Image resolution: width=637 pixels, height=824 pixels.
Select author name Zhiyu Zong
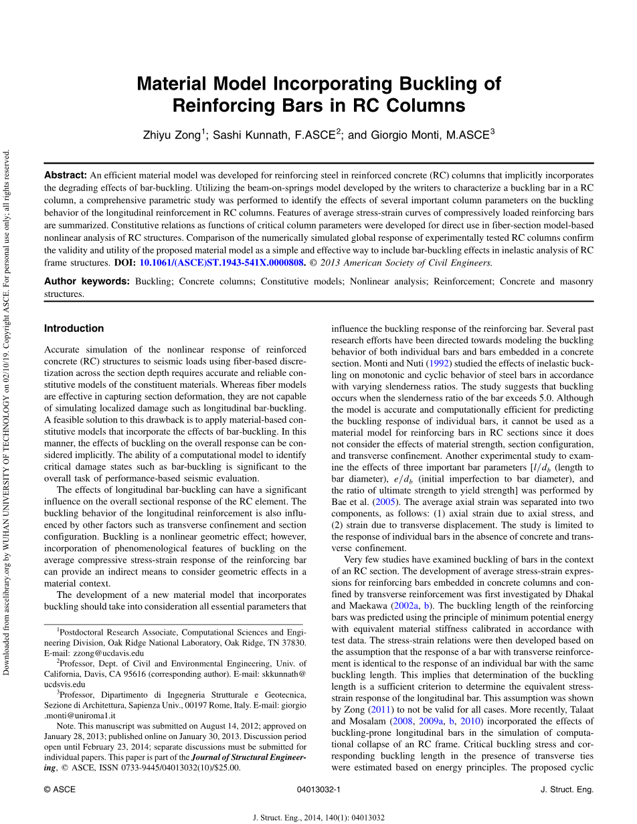pyautogui.click(x=172, y=135)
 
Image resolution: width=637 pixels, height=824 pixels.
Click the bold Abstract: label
pyautogui.click(x=66, y=175)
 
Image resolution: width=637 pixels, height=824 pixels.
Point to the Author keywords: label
pyautogui.click(x=87, y=282)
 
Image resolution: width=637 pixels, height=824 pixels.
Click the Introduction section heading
pyautogui.click(x=74, y=328)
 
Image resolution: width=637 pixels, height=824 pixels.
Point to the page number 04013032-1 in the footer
pyautogui.click(x=318, y=789)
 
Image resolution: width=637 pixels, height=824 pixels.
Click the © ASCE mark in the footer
pyautogui.click(x=60, y=789)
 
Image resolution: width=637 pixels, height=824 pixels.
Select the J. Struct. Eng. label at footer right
pyautogui.click(x=566, y=789)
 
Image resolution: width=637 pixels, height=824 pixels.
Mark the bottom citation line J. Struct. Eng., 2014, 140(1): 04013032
pyautogui.click(x=318, y=817)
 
